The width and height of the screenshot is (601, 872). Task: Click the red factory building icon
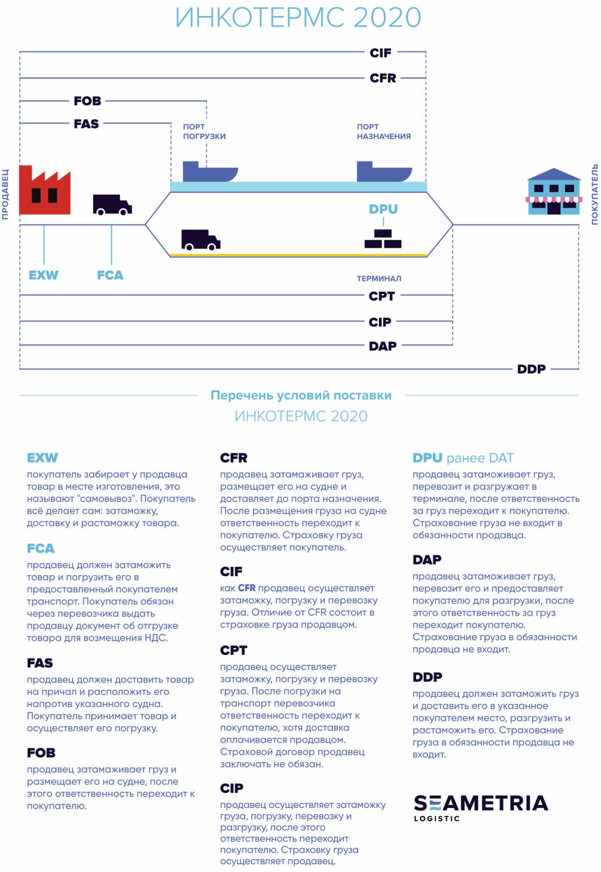tap(44, 191)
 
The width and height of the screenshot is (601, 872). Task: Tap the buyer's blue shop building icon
tap(553, 192)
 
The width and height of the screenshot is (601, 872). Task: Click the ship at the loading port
tap(209, 172)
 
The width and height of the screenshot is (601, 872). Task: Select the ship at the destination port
tap(383, 172)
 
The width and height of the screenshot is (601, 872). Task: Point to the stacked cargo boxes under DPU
tap(383, 239)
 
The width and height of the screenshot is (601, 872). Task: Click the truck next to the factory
tap(112, 204)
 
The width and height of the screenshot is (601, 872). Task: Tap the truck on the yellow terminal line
tap(200, 240)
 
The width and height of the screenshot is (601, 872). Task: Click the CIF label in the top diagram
tap(380, 53)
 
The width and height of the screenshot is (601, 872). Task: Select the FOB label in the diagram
tap(87, 101)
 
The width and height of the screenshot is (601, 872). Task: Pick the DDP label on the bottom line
tap(531, 369)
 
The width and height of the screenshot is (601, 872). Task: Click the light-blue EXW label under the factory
tap(44, 276)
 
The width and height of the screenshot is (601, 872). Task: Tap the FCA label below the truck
tap(110, 276)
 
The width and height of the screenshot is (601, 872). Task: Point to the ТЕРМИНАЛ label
tap(379, 279)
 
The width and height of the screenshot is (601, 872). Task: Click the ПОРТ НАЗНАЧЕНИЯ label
tap(383, 131)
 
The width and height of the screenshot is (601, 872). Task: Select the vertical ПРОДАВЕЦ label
tap(5, 194)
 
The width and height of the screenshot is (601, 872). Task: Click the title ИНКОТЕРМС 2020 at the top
tap(298, 17)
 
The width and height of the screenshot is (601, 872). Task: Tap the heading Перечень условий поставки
tap(301, 396)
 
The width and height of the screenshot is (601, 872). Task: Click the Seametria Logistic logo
tap(480, 807)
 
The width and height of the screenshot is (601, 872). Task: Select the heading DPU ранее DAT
tap(463, 458)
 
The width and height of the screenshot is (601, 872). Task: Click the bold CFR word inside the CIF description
tap(246, 588)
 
